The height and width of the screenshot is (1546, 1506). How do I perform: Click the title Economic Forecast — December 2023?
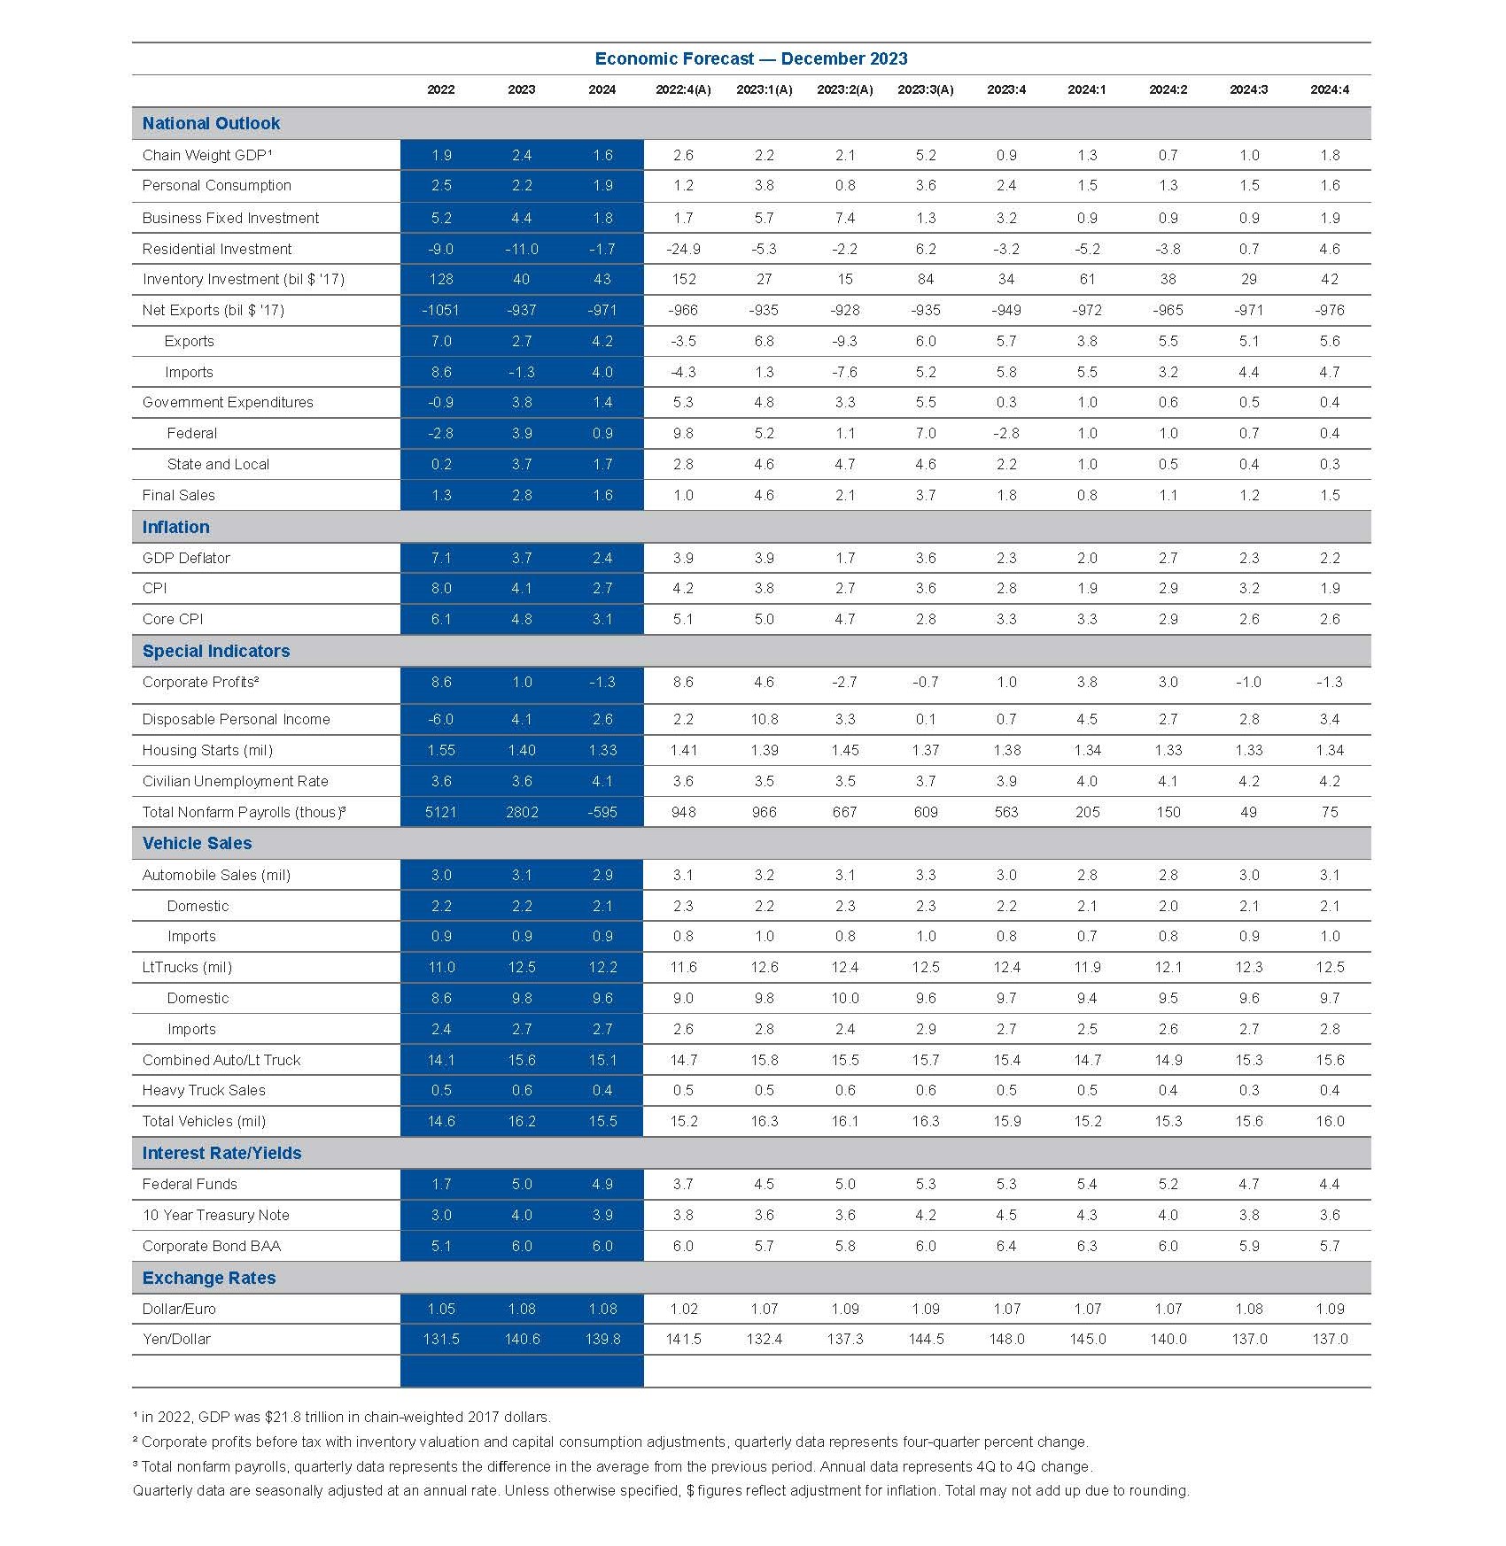[x=751, y=58]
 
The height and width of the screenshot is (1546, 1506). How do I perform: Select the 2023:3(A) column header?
[x=925, y=89]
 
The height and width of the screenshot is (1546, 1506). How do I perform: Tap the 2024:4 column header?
[x=1329, y=89]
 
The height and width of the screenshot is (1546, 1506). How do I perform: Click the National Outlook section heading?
[x=211, y=123]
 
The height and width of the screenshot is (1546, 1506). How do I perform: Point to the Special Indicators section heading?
[x=216, y=651]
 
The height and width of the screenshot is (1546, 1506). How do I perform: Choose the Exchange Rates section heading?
[x=209, y=1278]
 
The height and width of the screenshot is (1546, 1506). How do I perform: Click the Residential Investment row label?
[x=217, y=249]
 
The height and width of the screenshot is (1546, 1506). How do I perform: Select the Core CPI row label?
[x=173, y=619]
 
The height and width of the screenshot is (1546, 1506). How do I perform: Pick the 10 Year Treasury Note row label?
[x=216, y=1215]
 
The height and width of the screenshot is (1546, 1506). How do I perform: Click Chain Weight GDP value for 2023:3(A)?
[x=925, y=155]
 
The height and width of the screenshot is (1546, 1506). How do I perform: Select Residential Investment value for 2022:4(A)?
[x=683, y=249]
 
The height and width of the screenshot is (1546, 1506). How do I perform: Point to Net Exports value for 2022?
[x=440, y=310]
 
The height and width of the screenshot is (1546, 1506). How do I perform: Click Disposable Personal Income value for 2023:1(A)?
[x=764, y=719]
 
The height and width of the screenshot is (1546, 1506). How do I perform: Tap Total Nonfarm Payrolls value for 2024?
[x=602, y=812]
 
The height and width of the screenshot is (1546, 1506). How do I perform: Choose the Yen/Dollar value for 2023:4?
[x=1006, y=1339]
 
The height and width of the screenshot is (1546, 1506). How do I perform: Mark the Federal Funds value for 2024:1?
[x=1087, y=1184]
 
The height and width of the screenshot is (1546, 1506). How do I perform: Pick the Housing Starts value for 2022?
[x=440, y=750]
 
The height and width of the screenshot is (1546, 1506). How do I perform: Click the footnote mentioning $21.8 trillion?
[x=342, y=1417]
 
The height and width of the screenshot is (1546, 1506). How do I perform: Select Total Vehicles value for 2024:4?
[x=1329, y=1121]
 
